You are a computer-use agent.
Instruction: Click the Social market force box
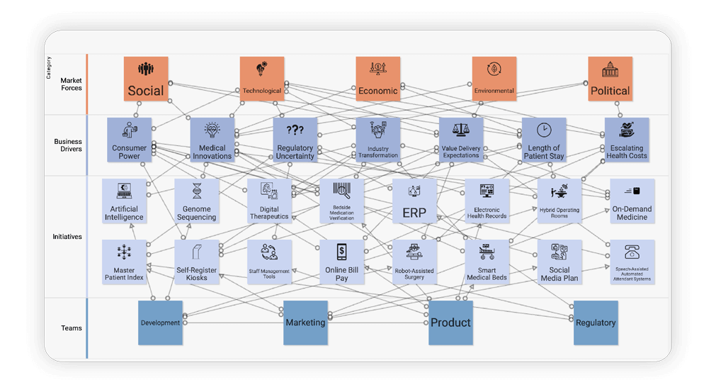[146, 79]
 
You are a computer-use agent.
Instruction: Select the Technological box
[262, 79]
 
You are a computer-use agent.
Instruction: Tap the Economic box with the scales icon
[377, 79]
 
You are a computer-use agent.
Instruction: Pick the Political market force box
[610, 79]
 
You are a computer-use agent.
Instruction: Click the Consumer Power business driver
[130, 140]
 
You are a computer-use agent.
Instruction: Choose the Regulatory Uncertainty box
[295, 140]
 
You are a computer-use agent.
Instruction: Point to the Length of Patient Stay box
[544, 140]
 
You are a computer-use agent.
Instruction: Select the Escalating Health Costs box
[626, 140]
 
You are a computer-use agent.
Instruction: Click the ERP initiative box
[414, 201]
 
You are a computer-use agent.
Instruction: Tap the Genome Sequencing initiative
[197, 201]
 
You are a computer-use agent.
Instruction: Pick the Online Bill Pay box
[341, 262]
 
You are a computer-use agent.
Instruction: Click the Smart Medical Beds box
[487, 262]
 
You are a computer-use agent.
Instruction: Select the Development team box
[160, 323]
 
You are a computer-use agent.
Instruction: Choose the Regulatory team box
[596, 323]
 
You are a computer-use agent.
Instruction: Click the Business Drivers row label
[68, 145]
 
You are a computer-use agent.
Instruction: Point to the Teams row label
[72, 328]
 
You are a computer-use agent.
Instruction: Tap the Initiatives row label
[67, 237]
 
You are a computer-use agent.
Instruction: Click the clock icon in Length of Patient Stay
[544, 130]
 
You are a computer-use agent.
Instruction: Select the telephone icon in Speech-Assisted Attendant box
[632, 252]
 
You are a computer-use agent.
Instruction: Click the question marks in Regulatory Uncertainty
[295, 130]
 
